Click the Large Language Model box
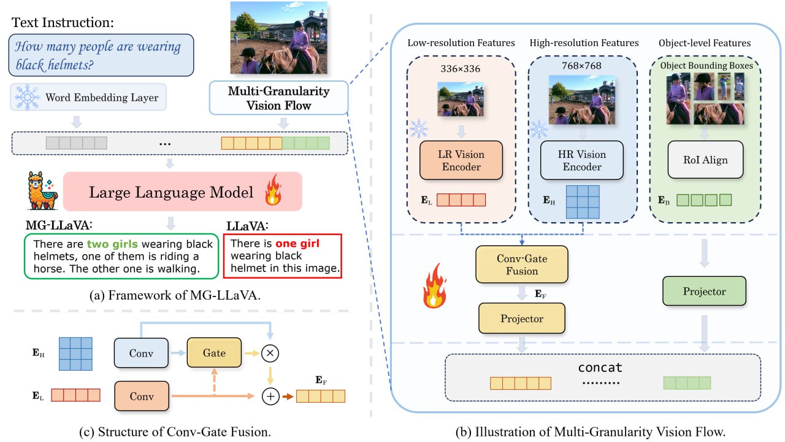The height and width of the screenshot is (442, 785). tap(183, 193)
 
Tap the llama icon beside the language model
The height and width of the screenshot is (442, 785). tap(42, 192)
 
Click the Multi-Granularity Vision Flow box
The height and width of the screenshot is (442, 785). tap(278, 98)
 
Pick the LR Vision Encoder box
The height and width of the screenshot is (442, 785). tap(461, 161)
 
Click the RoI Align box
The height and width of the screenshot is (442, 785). tap(705, 160)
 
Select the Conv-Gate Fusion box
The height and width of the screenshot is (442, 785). tap(522, 265)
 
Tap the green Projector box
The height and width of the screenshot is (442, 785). tap(704, 292)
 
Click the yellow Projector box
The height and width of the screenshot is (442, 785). tap(522, 319)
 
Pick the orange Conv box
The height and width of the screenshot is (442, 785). tap(141, 396)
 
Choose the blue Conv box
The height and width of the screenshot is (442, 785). tap(141, 353)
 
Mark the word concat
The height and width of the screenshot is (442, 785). tap(600, 368)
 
